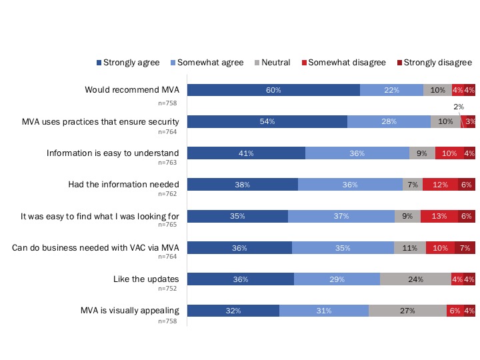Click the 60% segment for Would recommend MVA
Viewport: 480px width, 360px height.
coord(273,90)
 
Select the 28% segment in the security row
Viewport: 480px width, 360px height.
coord(389,121)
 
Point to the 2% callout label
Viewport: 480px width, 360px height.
coord(459,106)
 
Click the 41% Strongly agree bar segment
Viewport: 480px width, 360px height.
coord(246,153)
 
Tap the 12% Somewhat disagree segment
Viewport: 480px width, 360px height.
coord(440,185)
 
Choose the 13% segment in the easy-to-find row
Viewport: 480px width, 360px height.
coord(439,216)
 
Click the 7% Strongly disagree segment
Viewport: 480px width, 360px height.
coord(465,248)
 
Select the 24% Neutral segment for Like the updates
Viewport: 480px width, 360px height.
coord(415,279)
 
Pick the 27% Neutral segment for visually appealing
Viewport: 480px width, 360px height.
coord(407,311)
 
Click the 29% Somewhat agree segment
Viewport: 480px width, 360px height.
coord(337,279)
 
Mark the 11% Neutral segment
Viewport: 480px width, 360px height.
coord(409,248)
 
